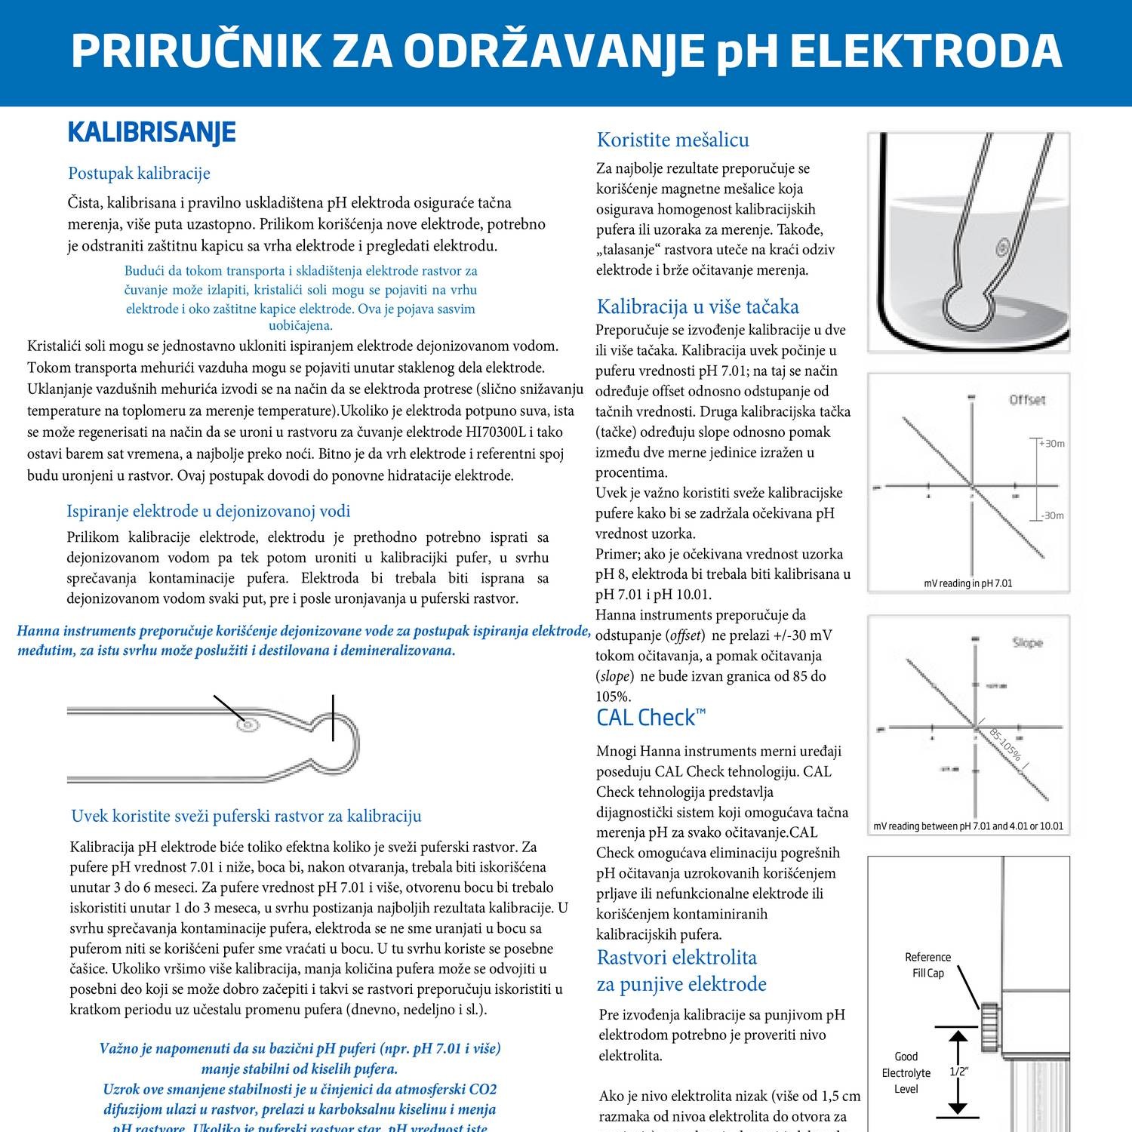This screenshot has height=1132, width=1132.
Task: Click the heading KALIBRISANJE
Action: (152, 132)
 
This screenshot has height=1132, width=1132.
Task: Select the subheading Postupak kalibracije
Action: (139, 174)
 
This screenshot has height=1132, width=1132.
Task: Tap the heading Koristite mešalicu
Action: (672, 140)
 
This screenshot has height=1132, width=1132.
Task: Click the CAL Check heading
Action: (651, 717)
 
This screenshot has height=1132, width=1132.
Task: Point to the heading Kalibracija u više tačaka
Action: (697, 306)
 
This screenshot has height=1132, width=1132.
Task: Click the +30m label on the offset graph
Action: (1051, 444)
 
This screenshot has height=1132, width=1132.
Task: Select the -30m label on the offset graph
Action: (1051, 516)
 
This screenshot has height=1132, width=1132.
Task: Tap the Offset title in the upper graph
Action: (1027, 400)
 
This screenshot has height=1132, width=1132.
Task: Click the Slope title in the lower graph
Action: (1027, 643)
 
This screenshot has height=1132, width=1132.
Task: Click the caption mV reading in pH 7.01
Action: (968, 583)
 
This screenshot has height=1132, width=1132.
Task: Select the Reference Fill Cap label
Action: (927, 965)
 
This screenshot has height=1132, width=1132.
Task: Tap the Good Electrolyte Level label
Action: (906, 1072)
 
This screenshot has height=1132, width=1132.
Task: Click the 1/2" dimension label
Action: (958, 1072)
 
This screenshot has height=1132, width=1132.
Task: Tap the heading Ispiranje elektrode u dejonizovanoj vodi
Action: (208, 511)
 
